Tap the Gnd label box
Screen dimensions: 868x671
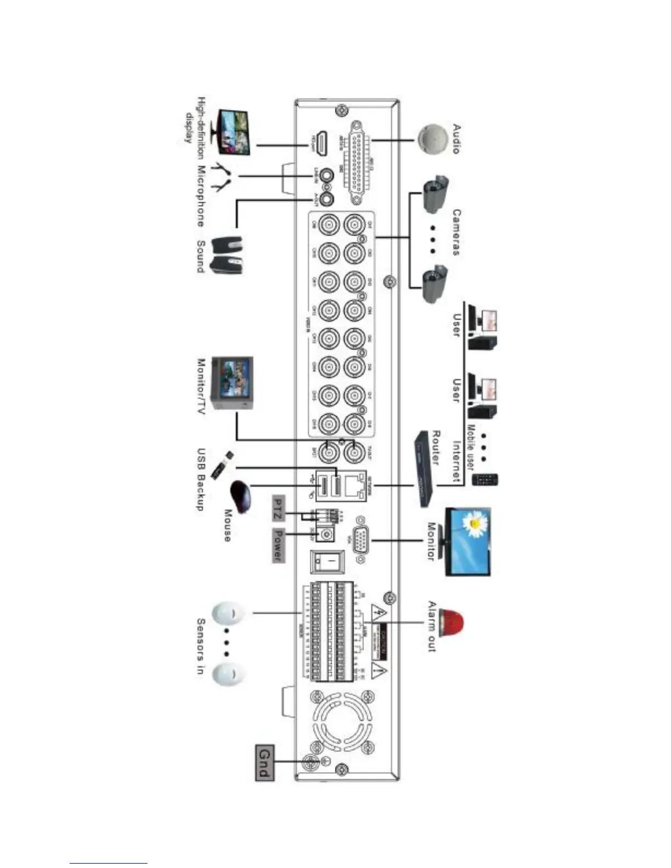pyautogui.click(x=264, y=762)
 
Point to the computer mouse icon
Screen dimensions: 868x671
pyautogui.click(x=242, y=495)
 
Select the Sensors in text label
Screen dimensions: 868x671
pyautogui.click(x=201, y=647)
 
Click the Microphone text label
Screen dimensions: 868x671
pyautogui.click(x=201, y=196)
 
